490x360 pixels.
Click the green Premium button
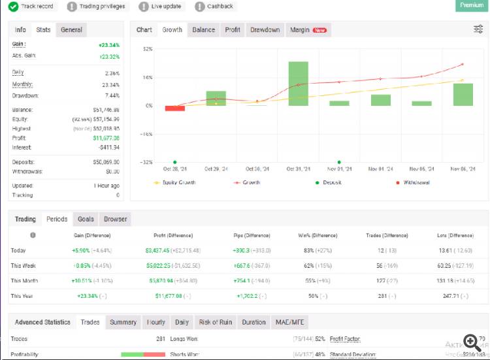click(x=472, y=5)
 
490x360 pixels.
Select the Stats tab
click(x=44, y=29)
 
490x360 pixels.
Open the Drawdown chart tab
click(x=265, y=29)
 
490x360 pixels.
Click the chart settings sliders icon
click(x=478, y=29)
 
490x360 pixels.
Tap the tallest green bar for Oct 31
click(x=298, y=84)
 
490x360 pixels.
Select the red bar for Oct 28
click(x=174, y=108)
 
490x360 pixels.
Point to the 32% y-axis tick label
click(x=148, y=49)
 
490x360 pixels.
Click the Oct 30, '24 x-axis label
click(x=257, y=169)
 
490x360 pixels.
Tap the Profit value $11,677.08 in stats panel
click(x=105, y=139)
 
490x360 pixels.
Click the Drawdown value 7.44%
click(x=112, y=95)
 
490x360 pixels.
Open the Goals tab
click(x=85, y=219)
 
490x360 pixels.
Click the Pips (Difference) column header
click(x=252, y=235)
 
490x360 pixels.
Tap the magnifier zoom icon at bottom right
click(x=471, y=342)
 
